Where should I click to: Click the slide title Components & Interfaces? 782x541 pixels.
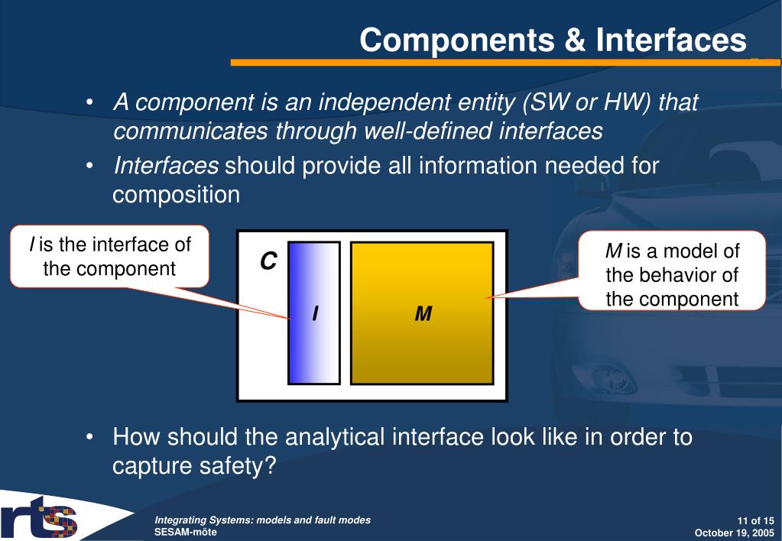point(553,40)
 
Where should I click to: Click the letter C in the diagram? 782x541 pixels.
point(268,261)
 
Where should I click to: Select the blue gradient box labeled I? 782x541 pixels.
point(314,313)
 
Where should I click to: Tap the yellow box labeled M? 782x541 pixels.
point(423,313)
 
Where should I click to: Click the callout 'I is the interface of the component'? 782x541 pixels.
point(109,256)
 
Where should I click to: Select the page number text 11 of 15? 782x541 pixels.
point(755,520)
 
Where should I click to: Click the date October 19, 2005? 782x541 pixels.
point(734,533)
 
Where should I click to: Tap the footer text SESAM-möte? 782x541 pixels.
point(186,532)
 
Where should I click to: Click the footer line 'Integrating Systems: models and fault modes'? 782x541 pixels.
point(263,520)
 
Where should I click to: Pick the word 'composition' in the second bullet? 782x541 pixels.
point(176,194)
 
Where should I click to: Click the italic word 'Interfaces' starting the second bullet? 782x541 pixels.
point(166,166)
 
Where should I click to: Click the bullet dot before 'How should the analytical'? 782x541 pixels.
point(89,437)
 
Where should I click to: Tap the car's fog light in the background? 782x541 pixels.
point(605,377)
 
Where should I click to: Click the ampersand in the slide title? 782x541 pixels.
point(575,40)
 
